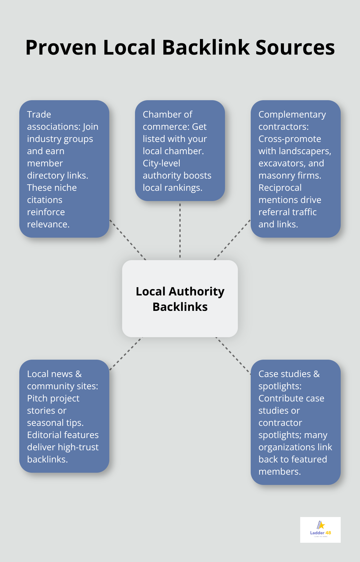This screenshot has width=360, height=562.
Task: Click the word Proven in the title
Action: [61, 48]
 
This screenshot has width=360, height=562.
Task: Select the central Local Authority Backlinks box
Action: [180, 299]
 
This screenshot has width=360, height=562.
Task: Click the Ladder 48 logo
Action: [320, 530]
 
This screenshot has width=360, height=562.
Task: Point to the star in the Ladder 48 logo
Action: [321, 525]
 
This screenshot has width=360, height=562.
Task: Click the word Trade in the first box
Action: [39, 114]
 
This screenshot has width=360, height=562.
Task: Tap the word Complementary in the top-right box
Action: [292, 114]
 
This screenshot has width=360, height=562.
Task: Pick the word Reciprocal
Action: [280, 188]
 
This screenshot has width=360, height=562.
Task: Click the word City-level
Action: [161, 163]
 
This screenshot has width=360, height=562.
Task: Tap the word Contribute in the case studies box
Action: [279, 398]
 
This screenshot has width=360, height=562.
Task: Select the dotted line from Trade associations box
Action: [128, 239]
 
